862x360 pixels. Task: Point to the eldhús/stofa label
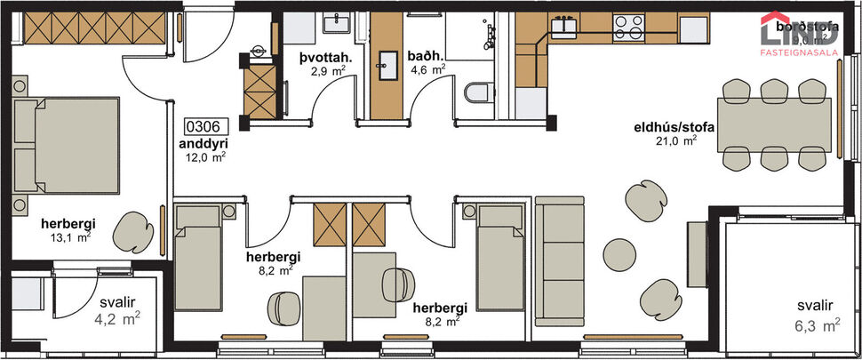663,127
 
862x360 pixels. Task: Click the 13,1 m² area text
72,237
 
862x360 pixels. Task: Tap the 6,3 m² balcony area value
816,326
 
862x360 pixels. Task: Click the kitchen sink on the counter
565,27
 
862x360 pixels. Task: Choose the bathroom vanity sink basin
387,61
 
